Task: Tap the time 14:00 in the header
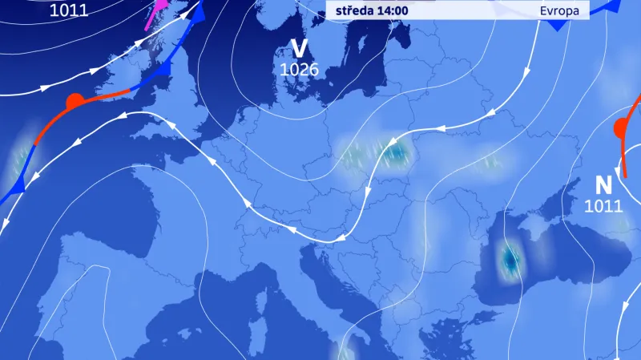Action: pyautogui.click(x=391, y=10)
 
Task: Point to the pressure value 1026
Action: pyautogui.click(x=300, y=70)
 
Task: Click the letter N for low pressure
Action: pyautogui.click(x=603, y=185)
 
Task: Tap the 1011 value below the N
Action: pyautogui.click(x=603, y=206)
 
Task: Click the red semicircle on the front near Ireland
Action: pyautogui.click(x=74, y=102)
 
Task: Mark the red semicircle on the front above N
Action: pyautogui.click(x=621, y=128)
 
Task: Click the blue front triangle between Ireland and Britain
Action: pyautogui.click(x=164, y=71)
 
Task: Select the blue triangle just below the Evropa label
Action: pyautogui.click(x=555, y=26)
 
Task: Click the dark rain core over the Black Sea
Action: pyautogui.click(x=509, y=259)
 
